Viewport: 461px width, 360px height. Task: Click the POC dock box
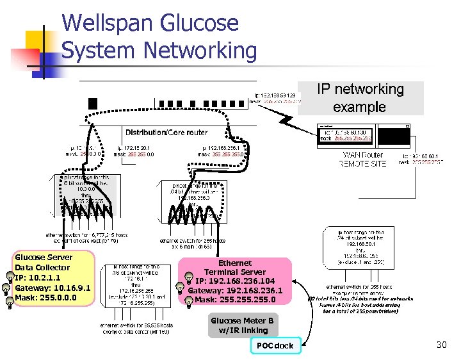275,346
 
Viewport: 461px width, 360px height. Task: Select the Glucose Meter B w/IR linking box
243,325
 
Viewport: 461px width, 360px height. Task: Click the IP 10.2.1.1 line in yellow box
38,277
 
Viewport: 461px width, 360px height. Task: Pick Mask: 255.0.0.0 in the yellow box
45,298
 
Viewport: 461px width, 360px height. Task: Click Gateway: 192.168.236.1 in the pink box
235,290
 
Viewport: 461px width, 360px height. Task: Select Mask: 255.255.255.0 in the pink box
235,300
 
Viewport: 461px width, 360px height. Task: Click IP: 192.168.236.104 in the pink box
235,281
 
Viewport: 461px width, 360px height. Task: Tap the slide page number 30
441,345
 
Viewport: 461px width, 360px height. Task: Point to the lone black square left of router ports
93,103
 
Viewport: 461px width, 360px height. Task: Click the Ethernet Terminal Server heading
235,267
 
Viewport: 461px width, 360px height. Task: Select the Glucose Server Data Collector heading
44,262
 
